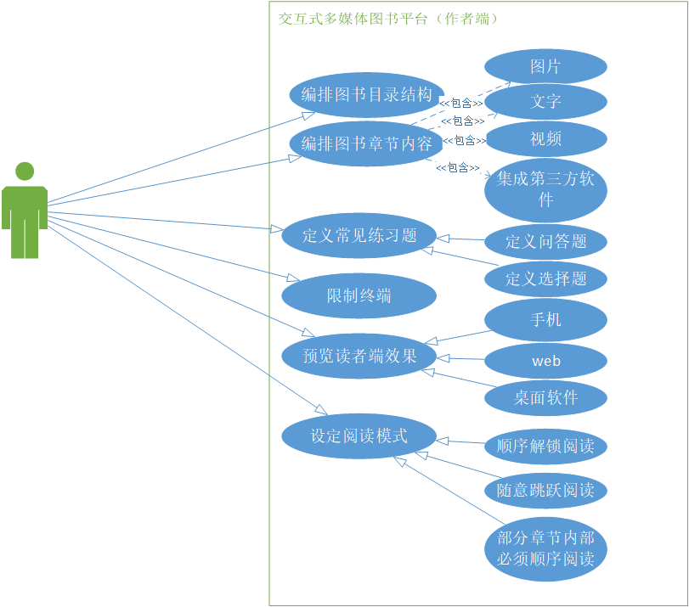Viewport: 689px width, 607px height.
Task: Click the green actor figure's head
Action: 25,171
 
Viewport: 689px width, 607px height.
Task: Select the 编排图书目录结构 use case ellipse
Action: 367,94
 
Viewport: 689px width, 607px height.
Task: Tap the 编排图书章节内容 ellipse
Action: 367,143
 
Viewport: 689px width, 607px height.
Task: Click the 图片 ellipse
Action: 545,66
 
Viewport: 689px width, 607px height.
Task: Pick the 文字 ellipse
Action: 545,102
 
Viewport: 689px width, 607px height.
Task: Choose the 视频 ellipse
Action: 545,138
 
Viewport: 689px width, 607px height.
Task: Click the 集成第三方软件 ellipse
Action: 545,190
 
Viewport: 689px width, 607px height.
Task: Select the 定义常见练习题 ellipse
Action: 359,235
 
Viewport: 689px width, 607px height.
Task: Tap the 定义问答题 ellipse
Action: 545,241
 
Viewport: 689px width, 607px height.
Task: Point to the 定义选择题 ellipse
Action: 545,278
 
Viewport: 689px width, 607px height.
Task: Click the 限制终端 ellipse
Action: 359,295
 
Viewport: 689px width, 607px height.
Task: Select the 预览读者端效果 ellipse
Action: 359,356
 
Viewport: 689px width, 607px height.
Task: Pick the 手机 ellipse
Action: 545,320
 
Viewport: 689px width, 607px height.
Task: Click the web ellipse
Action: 545,361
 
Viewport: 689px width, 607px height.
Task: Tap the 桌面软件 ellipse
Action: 545,397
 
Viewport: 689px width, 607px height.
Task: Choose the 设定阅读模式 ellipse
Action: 359,436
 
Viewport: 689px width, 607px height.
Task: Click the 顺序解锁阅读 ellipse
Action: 545,446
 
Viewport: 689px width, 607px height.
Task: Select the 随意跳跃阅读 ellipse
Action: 545,490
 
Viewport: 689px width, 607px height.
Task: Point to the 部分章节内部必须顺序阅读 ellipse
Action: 545,548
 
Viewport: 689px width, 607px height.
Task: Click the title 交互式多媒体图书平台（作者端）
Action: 388,19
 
